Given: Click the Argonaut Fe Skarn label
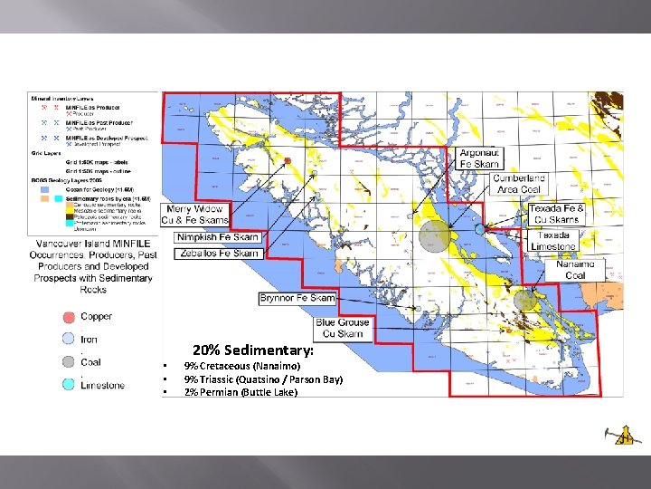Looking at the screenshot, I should pos(479,158).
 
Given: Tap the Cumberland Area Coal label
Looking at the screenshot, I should pos(520,184).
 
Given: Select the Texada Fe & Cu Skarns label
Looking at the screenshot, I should pos(556,214).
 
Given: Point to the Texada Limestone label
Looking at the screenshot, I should pos(552,241).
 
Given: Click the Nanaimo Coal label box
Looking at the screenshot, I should pos(575,269).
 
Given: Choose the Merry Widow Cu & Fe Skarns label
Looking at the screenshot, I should pos(195,215).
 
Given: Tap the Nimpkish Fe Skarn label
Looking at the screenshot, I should pos(218,237).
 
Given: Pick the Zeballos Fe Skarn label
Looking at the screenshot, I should pos(218,254).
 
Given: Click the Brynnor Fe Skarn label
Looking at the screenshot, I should pos(297,298).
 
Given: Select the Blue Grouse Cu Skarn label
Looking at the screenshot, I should pos(343,328).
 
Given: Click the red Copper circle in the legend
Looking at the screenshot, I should pos(69,317).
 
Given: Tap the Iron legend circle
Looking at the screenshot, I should pos(69,340).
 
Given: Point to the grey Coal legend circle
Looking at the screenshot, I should pos(69,362).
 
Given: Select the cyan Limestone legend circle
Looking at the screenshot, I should pos(69,385).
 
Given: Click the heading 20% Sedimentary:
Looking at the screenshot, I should pos(253,350).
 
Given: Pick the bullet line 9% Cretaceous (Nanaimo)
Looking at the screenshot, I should pos(235,366).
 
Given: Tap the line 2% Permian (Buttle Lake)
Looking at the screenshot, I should pos(241,392).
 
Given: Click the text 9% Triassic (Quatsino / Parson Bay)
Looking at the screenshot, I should pos(263,379).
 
